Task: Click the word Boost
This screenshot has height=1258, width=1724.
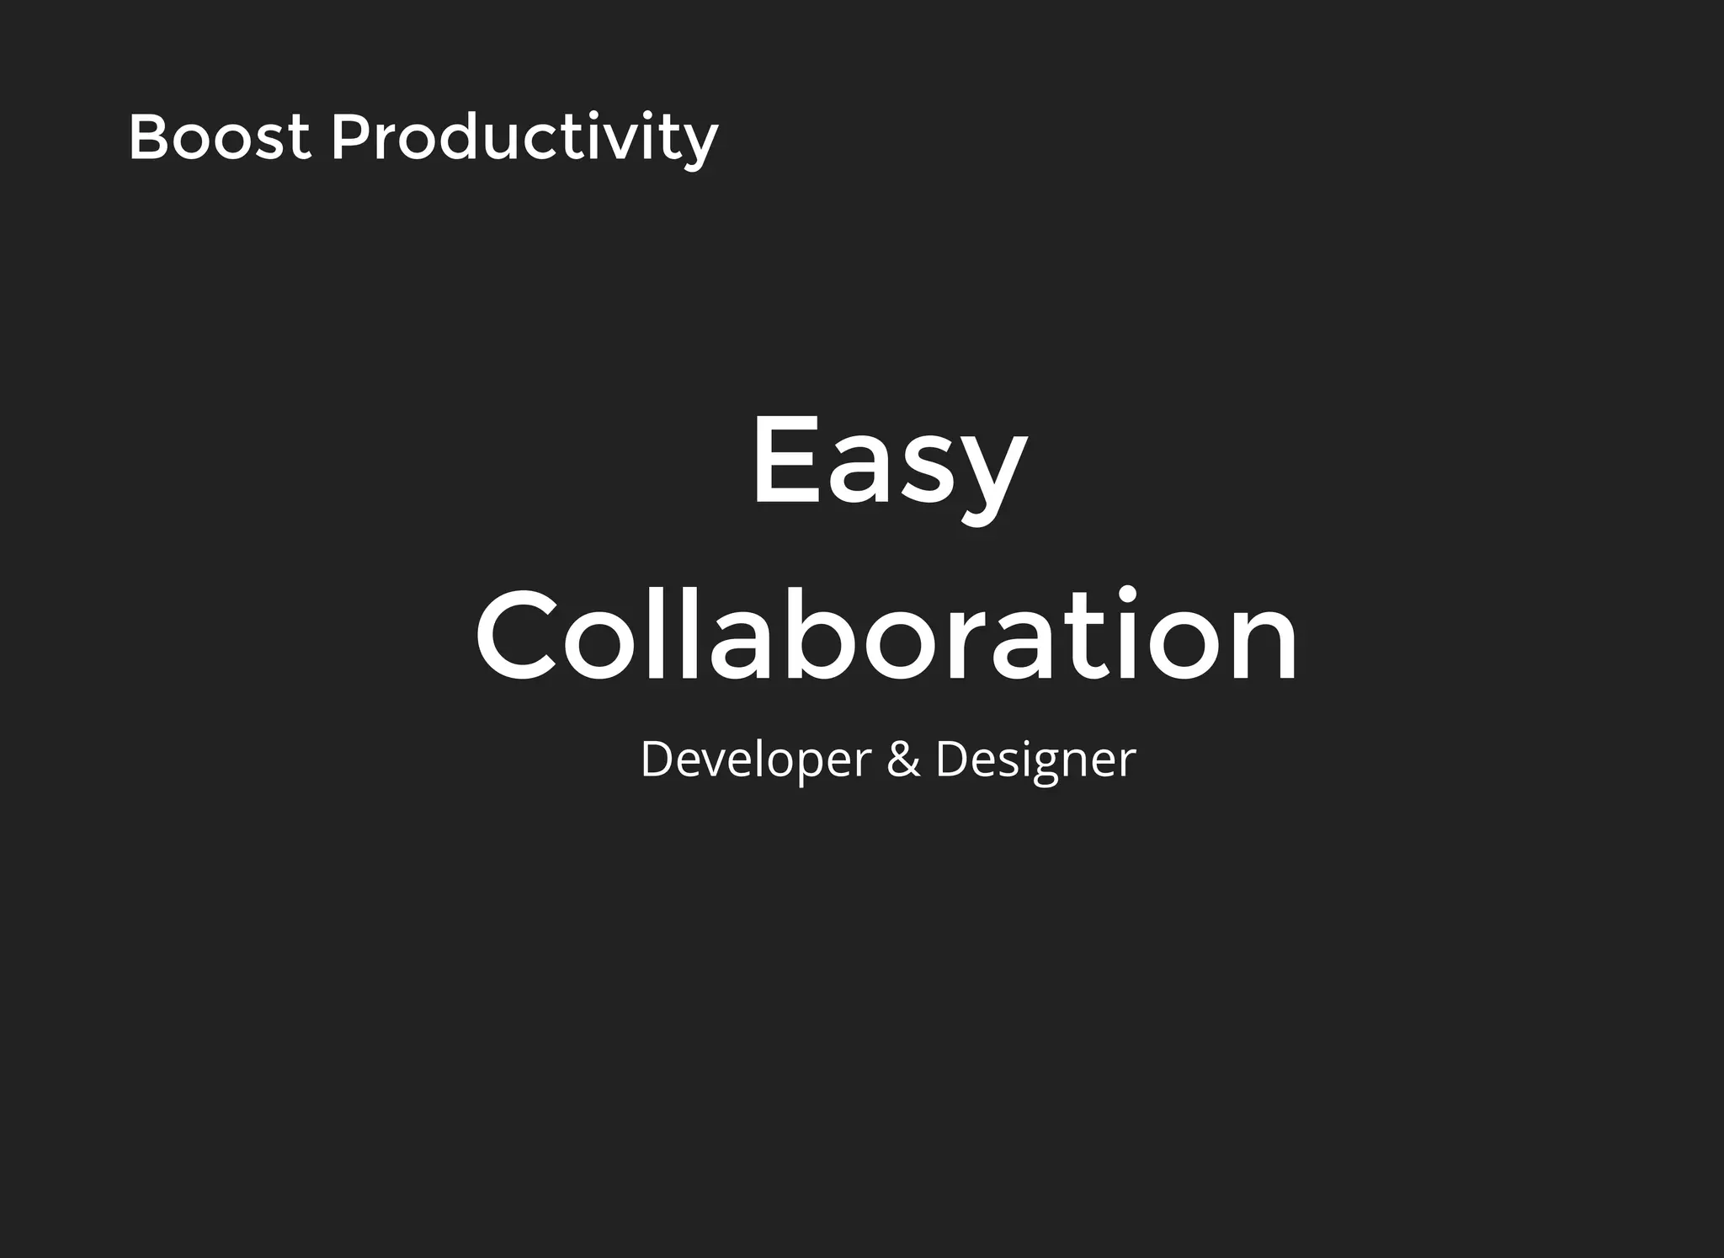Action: (219, 137)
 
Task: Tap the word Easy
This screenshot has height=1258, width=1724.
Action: (889, 463)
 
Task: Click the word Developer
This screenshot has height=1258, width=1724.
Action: (755, 759)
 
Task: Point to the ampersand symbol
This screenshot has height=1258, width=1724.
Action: (903, 759)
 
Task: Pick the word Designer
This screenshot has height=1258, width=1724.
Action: (1035, 760)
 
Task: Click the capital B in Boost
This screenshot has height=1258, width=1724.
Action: (147, 137)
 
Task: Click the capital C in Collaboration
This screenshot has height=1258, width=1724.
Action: (515, 635)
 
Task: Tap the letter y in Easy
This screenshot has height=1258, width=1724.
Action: (993, 480)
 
